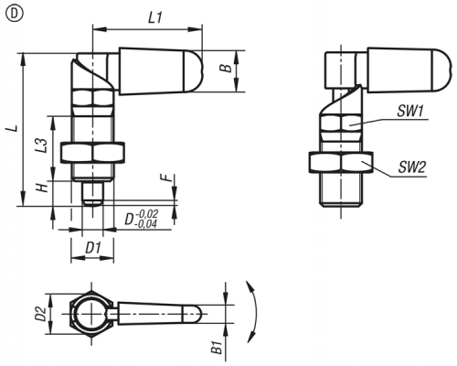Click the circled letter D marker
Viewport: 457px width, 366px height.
14,15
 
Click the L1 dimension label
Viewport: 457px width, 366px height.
155,18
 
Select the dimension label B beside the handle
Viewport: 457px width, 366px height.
226,69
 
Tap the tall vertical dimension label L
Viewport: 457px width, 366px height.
13,128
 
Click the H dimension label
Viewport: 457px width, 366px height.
42,188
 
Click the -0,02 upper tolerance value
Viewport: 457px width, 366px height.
146,213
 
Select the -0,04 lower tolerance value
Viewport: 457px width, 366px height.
145,224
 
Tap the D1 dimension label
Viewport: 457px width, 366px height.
93,248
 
